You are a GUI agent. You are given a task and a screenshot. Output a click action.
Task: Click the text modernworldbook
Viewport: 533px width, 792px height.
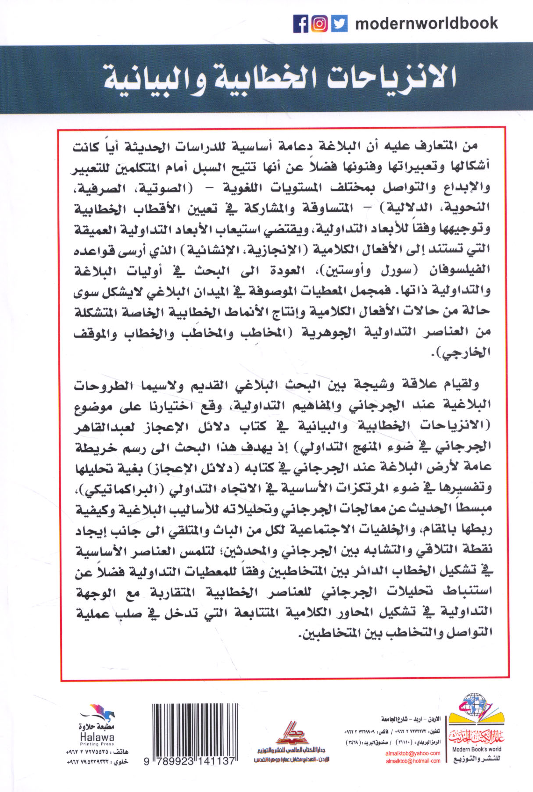tap(426, 23)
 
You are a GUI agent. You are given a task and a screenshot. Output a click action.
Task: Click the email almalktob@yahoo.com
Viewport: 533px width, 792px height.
tap(413, 753)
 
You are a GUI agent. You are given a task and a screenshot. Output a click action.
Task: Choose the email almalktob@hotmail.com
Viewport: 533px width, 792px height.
tap(413, 761)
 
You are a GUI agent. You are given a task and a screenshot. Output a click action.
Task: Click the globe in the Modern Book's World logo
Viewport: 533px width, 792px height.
tap(476, 706)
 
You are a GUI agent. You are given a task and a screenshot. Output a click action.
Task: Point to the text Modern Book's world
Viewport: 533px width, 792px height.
tap(476, 749)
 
